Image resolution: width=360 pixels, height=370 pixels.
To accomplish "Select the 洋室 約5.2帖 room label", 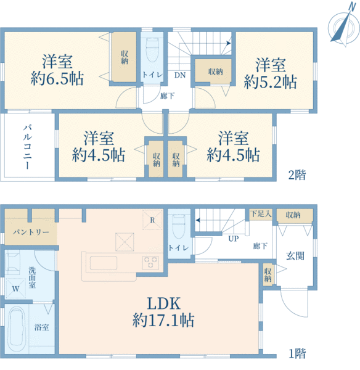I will (x=270, y=73).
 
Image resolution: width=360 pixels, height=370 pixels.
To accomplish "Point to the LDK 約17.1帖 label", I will (x=163, y=312).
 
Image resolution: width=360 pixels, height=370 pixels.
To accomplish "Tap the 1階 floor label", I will (x=297, y=354).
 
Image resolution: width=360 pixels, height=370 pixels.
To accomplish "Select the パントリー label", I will (x=28, y=232).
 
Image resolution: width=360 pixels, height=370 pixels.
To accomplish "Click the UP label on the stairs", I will (x=234, y=239).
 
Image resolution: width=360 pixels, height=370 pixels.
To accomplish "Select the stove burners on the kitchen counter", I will (x=151, y=261).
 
